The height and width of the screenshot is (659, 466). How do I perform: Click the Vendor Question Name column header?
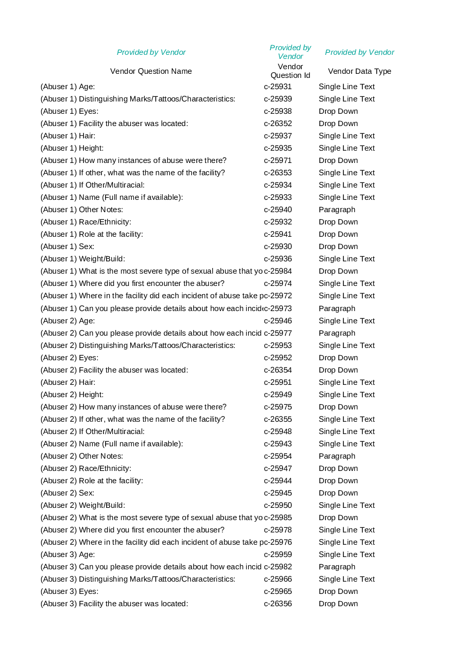pos(151,71)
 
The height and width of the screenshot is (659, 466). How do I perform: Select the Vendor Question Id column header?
pos(290,71)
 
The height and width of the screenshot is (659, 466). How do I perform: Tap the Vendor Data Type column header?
pos(359,71)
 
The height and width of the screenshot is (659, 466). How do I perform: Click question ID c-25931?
pos(278,87)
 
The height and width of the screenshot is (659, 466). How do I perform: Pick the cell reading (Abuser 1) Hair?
pos(68,136)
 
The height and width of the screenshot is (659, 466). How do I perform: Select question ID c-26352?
pos(278,123)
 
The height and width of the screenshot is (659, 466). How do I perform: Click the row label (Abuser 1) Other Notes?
pos(82,210)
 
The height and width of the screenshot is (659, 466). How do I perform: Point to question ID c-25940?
pos(278,210)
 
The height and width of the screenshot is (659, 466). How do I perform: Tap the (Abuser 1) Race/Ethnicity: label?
pos(86,222)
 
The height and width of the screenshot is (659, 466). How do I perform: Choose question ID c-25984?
pos(278,271)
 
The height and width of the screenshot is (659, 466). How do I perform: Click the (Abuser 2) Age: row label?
pos(68,321)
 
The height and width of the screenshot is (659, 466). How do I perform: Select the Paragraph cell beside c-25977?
pos(337,333)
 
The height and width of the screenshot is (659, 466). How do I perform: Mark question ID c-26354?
pos(278,370)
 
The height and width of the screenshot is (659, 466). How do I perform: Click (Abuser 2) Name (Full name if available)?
pos(112,444)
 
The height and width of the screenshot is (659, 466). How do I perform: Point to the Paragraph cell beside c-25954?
pos(337,456)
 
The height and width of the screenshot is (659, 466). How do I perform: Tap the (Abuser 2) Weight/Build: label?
pos(83,505)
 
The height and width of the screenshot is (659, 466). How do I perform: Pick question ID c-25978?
pos(278,530)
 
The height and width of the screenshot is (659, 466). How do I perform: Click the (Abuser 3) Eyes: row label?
pos(69,591)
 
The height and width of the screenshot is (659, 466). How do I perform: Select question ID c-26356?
pos(278,604)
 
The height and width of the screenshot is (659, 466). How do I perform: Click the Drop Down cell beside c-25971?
pos(338,160)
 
